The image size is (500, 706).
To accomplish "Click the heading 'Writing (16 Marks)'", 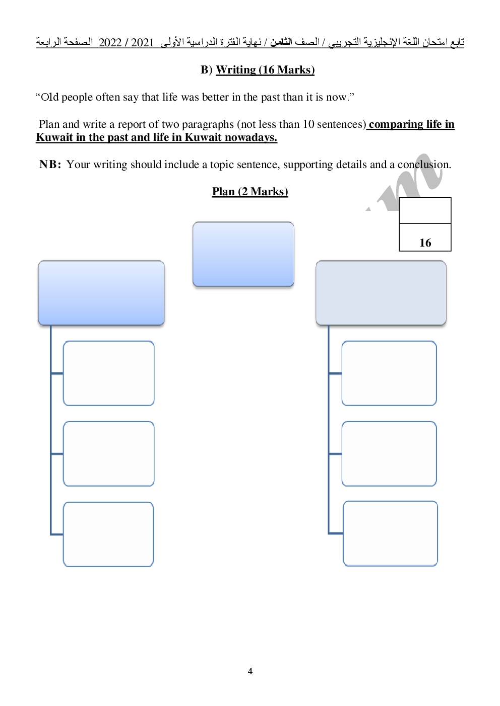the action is [x=265, y=70].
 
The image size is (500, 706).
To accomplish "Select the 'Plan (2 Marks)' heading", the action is [x=250, y=192].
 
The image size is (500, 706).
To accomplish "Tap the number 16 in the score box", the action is [x=425, y=243].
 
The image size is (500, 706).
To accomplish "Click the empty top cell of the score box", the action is [x=425, y=210].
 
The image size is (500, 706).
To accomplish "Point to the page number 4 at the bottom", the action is [x=250, y=671].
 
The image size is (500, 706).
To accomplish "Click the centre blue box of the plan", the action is [x=243, y=254].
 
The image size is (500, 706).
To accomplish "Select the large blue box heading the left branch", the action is [x=101, y=293].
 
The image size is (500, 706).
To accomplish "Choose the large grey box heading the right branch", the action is [x=381, y=293].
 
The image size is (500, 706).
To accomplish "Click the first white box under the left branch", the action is [x=108, y=373].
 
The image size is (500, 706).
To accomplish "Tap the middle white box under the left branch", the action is [x=108, y=454].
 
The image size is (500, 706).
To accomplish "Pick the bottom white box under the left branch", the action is [x=108, y=534].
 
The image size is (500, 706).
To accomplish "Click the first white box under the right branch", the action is [x=389, y=373].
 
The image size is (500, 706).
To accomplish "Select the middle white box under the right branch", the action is [x=389, y=454].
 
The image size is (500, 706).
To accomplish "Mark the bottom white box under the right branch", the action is [x=391, y=533].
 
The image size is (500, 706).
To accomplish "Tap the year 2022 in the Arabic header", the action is [x=110, y=42].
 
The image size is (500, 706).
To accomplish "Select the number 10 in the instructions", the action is [x=308, y=124].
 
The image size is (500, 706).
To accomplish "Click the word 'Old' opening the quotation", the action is [x=50, y=97].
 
